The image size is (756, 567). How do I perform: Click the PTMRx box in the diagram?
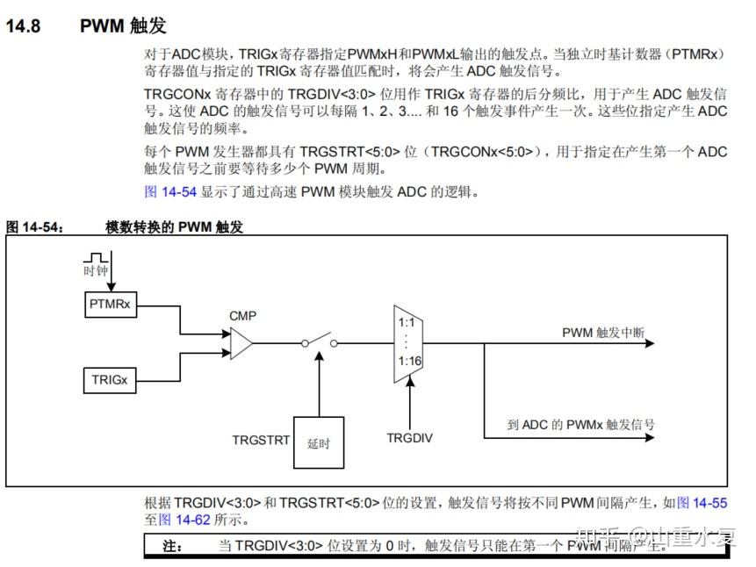pyautogui.click(x=110, y=305)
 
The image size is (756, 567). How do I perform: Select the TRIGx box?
pyautogui.click(x=110, y=380)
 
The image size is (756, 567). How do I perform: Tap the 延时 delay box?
pyautogui.click(x=318, y=441)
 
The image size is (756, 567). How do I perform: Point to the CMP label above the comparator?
pyautogui.click(x=243, y=315)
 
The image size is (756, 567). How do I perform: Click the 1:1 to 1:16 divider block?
pyautogui.click(x=407, y=343)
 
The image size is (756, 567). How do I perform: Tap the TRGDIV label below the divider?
pyautogui.click(x=409, y=436)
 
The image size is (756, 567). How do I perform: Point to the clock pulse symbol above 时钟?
pyautogui.click(x=95, y=256)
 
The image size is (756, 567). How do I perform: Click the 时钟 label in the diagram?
pyautogui.click(x=95, y=271)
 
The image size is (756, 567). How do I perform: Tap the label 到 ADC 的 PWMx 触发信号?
pyautogui.click(x=580, y=424)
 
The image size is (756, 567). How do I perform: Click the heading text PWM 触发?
pyautogui.click(x=123, y=26)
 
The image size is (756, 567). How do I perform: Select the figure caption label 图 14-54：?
pyautogui.click(x=36, y=226)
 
